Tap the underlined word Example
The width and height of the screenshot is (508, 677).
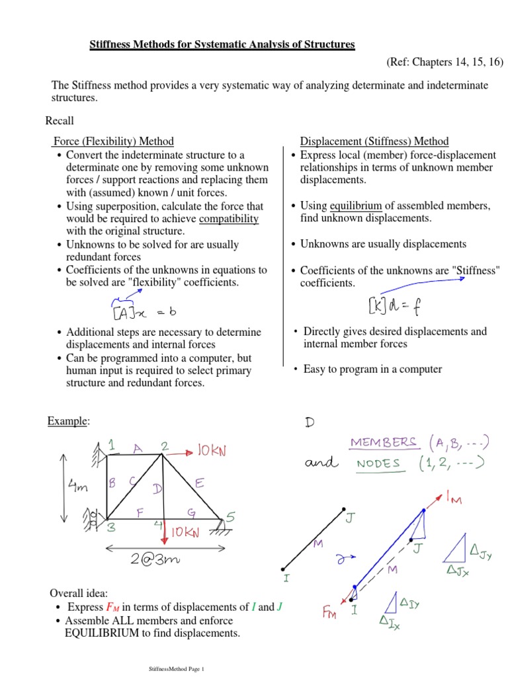[67, 421]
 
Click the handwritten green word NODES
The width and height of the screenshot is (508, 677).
[378, 463]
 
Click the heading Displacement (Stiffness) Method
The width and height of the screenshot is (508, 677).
[374, 141]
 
